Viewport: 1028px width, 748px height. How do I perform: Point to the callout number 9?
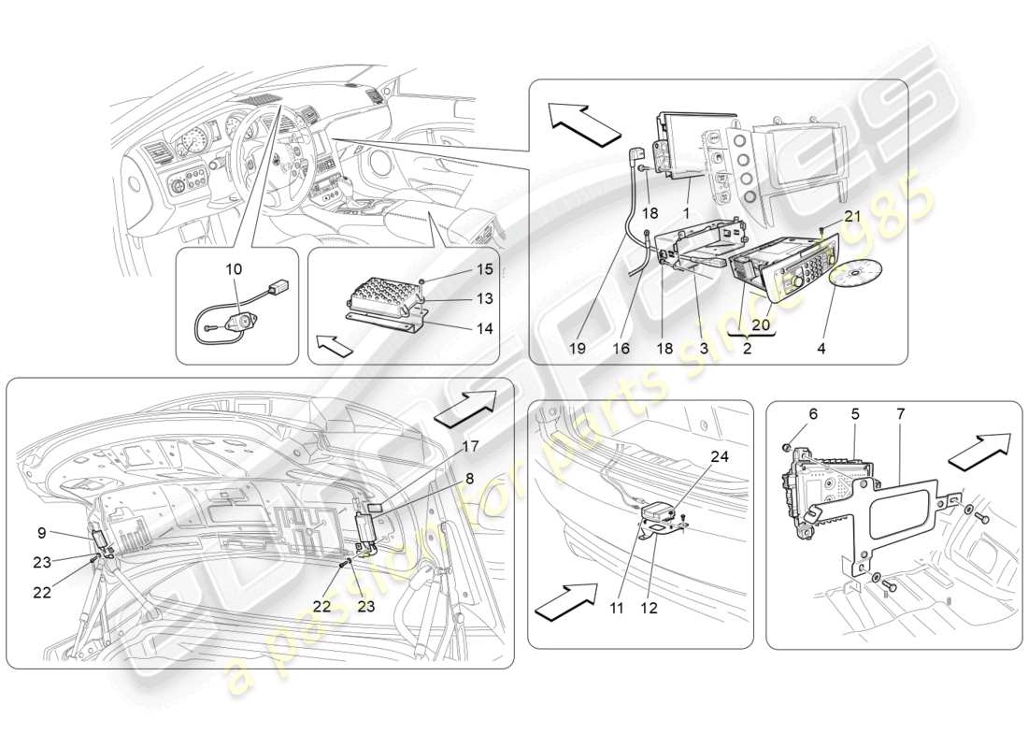click(x=42, y=533)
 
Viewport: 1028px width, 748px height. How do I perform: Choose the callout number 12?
click(x=650, y=608)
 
